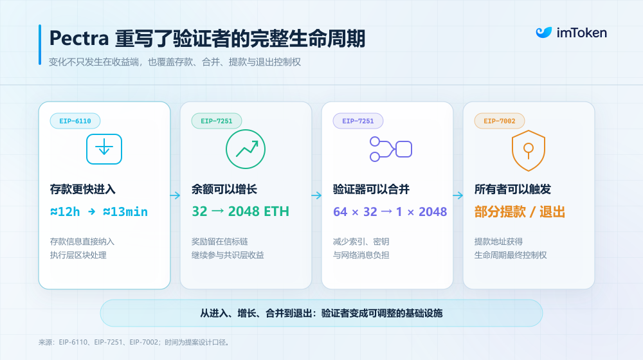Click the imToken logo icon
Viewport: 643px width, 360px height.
click(544, 32)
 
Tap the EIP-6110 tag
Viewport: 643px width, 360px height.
click(75, 121)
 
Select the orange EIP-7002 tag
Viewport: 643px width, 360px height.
click(500, 121)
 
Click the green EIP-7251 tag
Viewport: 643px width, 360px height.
click(217, 121)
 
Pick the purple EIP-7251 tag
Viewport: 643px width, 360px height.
click(358, 121)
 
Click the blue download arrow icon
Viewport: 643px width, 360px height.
click(104, 149)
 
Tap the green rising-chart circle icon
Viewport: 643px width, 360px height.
click(246, 149)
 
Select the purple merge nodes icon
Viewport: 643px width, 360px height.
click(391, 149)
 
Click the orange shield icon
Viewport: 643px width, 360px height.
click(529, 150)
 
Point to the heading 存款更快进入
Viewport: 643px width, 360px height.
click(83, 189)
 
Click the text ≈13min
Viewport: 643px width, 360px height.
click(125, 212)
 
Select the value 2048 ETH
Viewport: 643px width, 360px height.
click(258, 211)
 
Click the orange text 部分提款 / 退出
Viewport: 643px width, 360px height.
click(520, 212)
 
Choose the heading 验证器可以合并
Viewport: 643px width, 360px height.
click(371, 189)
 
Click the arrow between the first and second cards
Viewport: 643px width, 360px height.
click(175, 195)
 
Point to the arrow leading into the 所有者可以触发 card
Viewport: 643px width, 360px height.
click(458, 195)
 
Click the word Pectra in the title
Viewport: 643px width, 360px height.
click(79, 39)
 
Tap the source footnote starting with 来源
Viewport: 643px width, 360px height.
click(134, 343)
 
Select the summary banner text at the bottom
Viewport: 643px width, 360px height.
click(321, 313)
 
